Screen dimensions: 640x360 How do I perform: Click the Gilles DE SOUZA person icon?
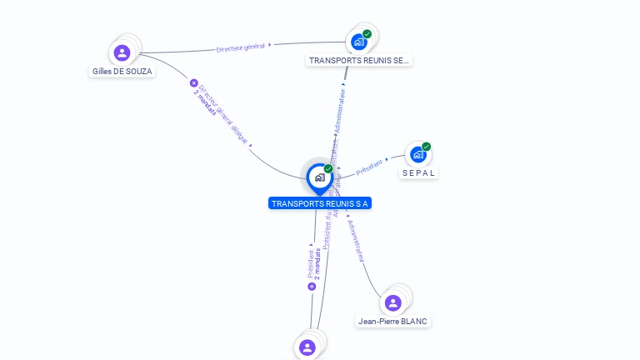[122, 53]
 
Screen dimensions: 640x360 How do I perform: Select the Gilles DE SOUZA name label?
[122, 72]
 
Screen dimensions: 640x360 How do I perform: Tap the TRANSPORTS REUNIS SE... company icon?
[359, 42]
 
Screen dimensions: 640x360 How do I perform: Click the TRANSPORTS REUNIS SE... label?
[359, 60]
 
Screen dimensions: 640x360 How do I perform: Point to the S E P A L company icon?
[418, 154]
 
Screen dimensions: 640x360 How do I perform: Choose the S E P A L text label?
[419, 172]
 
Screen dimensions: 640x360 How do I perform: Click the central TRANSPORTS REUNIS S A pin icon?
[318, 177]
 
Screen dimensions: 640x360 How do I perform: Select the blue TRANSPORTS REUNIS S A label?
[319, 203]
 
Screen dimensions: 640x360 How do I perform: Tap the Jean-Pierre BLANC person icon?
[393, 302]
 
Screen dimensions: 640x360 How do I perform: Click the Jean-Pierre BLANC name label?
[394, 321]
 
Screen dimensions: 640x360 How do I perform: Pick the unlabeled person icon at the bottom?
[307, 347]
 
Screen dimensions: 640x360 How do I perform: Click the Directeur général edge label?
[240, 47]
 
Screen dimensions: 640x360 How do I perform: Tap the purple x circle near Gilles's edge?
[194, 83]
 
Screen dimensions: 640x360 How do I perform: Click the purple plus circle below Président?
[312, 286]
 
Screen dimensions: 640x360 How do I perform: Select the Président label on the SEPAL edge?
[369, 167]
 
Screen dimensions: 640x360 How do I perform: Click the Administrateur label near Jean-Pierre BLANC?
[357, 242]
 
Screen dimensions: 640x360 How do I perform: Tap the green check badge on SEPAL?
[427, 147]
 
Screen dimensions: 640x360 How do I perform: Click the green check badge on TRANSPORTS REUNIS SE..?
[367, 34]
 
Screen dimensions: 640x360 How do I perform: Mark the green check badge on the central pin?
[328, 169]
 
